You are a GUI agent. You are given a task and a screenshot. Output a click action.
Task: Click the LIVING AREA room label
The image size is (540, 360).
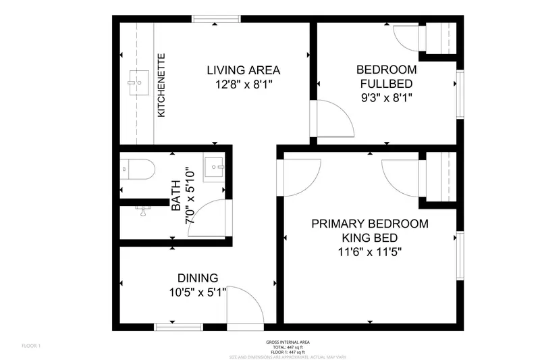pos(243,70)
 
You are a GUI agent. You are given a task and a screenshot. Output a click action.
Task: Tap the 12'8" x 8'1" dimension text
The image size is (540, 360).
pos(243,84)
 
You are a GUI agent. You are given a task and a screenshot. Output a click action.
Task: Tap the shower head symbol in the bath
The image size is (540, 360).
pos(143,210)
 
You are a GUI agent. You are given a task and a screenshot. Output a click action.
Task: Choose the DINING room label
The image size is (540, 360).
pos(197,278)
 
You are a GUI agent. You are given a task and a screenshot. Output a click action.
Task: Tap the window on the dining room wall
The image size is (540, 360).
pos(169,327)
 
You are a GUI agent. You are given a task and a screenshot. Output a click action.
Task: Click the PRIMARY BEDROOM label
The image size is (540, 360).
pos(370,224)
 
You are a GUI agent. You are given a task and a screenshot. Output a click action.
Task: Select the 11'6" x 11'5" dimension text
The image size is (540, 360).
pos(370,253)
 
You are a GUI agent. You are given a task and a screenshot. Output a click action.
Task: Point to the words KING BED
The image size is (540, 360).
pos(370,238)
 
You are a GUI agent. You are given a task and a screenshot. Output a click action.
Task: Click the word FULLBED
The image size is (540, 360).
pos(386,84)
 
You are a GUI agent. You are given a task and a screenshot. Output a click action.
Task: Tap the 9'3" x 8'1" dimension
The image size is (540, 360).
pos(386,98)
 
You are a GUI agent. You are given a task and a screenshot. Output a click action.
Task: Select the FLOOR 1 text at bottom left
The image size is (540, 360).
pos(32,346)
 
